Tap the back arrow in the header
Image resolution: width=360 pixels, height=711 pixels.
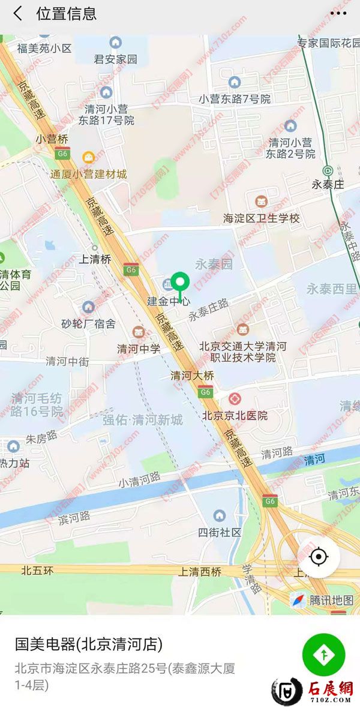click(x=17, y=13)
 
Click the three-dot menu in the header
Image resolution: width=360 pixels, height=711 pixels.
click(x=338, y=13)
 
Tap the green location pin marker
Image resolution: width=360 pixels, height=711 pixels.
click(x=180, y=282)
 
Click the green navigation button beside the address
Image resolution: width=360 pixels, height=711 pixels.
click(x=323, y=655)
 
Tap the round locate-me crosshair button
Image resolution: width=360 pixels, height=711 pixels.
click(x=319, y=557)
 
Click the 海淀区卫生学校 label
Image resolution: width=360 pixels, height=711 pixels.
click(x=261, y=218)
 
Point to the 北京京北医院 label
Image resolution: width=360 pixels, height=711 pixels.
click(x=235, y=415)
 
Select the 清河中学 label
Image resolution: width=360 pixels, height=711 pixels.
click(x=139, y=349)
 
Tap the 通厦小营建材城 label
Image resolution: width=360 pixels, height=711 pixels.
click(x=88, y=174)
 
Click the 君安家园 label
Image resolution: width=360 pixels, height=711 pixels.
click(x=116, y=59)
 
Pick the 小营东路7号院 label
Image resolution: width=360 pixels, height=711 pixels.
click(x=235, y=99)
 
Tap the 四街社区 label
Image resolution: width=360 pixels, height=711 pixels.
click(x=220, y=532)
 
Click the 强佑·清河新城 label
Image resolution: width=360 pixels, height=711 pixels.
click(x=142, y=420)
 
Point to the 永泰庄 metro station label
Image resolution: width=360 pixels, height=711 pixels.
click(x=328, y=184)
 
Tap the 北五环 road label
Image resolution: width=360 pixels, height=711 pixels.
click(x=37, y=571)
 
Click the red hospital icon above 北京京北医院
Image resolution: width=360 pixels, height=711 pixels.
click(x=234, y=398)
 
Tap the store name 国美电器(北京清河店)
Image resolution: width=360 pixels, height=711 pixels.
click(x=88, y=644)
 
